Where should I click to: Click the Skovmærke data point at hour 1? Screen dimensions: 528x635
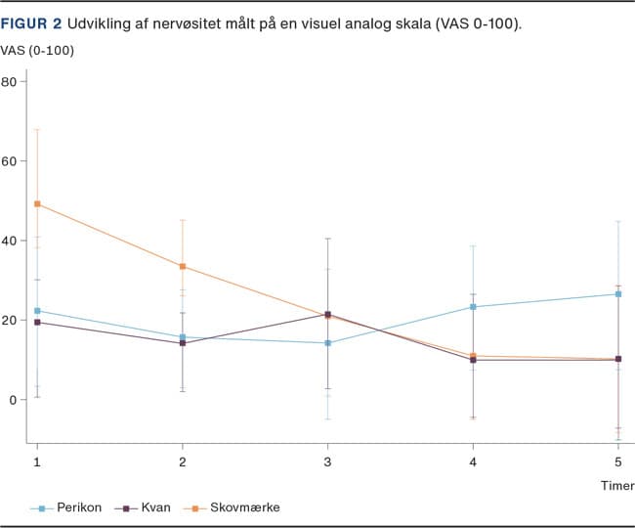pyautogui.click(x=37, y=203)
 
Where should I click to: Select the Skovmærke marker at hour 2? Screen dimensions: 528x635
pyautogui.click(x=183, y=267)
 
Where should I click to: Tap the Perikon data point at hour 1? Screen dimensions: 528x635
pyautogui.click(x=37, y=310)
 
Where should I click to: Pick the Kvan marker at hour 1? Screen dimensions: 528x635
pyautogui.click(x=37, y=322)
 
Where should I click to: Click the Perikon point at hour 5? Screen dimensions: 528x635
pyautogui.click(x=618, y=293)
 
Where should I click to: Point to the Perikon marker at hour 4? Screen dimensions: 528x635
pyautogui.click(x=473, y=307)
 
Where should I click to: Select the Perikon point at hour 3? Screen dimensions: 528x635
pyautogui.click(x=327, y=343)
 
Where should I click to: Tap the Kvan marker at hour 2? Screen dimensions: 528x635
pyautogui.click(x=183, y=343)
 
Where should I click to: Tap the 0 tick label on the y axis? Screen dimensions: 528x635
pyautogui.click(x=13, y=400)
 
